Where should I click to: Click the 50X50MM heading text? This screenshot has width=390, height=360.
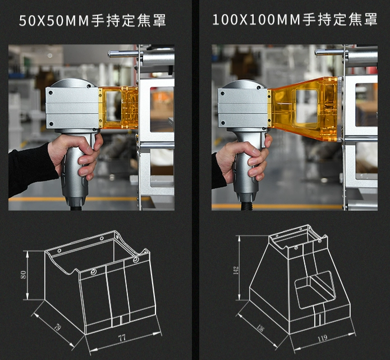click(x=92, y=21)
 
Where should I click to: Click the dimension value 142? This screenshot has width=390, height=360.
click(x=236, y=270)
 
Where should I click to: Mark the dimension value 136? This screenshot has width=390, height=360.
click(x=260, y=327)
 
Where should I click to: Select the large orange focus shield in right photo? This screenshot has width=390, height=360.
click(x=306, y=109)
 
